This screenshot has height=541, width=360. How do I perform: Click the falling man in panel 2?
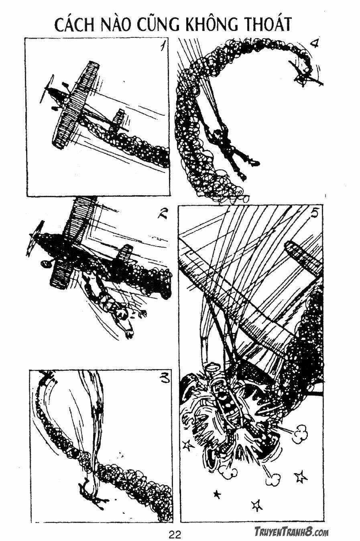point(112,305)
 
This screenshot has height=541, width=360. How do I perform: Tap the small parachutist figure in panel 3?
point(92,492)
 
